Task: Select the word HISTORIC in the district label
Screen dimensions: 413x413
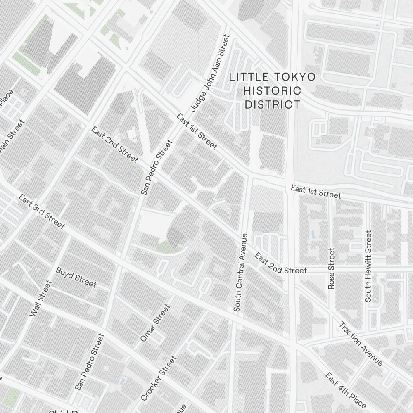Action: pos(273,90)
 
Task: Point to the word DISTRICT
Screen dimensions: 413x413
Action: pos(273,104)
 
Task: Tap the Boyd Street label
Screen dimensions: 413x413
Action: pos(76,278)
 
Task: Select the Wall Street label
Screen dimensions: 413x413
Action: pos(41,299)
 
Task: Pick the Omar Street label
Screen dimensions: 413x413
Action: pos(155,323)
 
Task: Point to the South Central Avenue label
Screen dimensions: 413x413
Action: pos(241,272)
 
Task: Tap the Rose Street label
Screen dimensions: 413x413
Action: pos(331,268)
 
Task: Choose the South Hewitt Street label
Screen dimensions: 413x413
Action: pos(368,266)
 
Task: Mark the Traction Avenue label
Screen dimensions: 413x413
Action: pos(361,343)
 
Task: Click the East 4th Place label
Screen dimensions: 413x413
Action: pos(345,390)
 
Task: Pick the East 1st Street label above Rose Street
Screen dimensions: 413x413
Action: pos(316,191)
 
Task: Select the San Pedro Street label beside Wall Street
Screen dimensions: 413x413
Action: pos(90,362)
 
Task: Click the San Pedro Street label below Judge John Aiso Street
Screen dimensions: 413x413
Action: pos(156,167)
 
